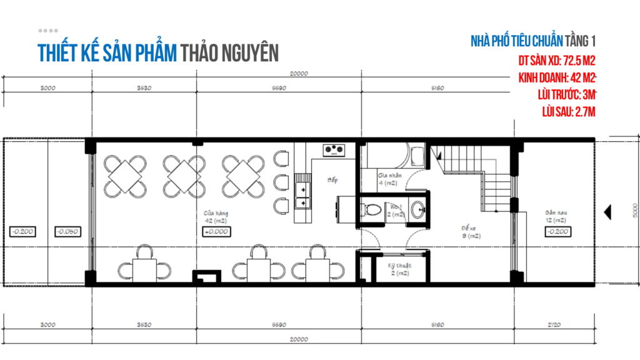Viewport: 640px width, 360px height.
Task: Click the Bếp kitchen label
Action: (x=332, y=180)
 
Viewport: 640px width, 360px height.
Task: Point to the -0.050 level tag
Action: (x=67, y=231)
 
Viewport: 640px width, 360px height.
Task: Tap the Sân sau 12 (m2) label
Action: (x=555, y=217)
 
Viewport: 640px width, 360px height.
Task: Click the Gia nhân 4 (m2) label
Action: (x=388, y=179)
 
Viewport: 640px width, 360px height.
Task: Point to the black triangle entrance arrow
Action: (x=606, y=213)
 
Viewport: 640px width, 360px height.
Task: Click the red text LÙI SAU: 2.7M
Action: (x=569, y=112)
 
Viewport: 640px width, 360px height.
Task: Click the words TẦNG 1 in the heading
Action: (x=581, y=42)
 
